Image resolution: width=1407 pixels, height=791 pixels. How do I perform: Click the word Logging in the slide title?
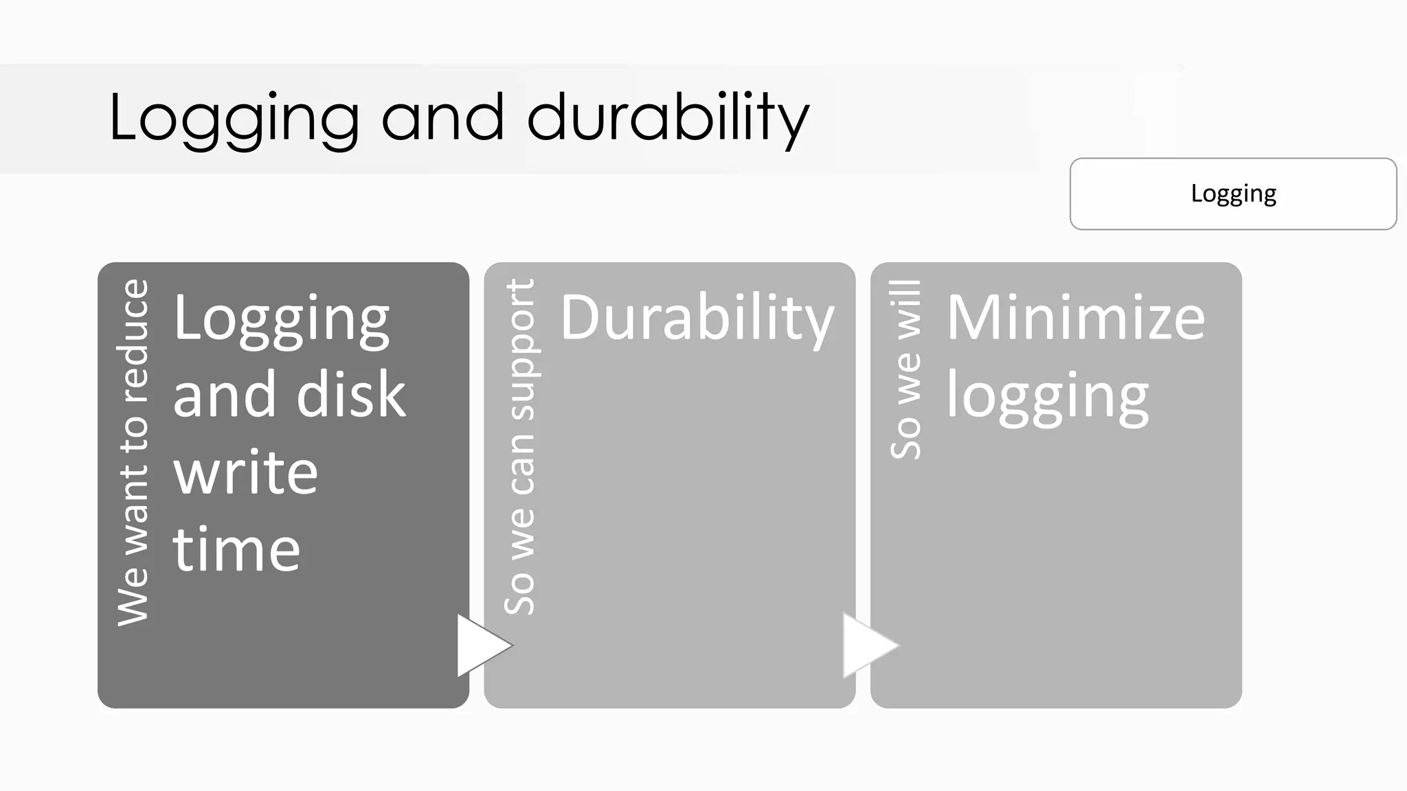point(234,118)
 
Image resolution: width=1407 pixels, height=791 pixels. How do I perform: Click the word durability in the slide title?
point(668,118)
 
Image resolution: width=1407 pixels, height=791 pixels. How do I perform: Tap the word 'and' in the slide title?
point(442,118)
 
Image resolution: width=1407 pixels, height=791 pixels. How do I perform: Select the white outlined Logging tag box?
point(1232,194)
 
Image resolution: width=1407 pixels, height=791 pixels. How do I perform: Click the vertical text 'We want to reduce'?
point(133,452)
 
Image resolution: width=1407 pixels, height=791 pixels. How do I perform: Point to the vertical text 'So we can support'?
point(519,446)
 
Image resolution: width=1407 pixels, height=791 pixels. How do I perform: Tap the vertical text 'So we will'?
point(905,369)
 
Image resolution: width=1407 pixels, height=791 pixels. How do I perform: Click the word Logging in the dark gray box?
point(282,319)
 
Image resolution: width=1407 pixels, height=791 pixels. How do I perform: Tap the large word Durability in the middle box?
point(697,319)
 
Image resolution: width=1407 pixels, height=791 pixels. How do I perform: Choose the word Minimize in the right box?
point(1075,318)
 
